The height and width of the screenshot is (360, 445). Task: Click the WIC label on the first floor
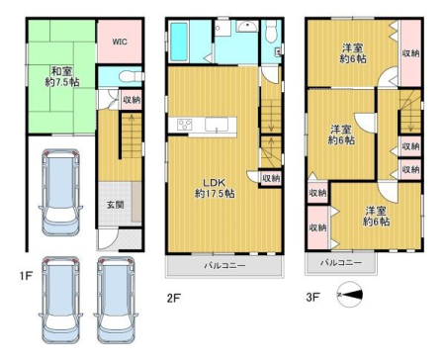click(120, 42)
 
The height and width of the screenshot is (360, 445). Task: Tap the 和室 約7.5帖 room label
click(62, 76)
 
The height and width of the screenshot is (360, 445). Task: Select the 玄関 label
click(115, 205)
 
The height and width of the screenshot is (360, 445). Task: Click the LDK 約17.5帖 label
click(215, 188)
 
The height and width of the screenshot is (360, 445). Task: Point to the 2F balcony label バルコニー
click(224, 266)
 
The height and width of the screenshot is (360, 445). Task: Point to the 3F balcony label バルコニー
click(341, 263)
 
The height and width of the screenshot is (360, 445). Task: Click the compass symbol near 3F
click(350, 295)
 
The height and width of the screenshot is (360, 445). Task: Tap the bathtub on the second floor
click(179, 42)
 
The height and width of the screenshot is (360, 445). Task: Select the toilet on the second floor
click(271, 32)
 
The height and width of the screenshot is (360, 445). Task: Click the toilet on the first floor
click(132, 77)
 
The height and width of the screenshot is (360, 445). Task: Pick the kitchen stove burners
click(185, 125)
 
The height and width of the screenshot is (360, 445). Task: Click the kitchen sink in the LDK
click(217, 125)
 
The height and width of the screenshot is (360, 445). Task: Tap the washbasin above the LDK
click(247, 26)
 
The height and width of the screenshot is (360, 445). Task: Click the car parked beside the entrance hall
click(60, 192)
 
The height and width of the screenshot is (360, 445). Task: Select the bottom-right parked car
click(116, 300)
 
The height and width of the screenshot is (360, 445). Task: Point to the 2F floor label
click(173, 298)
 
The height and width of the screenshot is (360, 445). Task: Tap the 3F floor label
click(312, 297)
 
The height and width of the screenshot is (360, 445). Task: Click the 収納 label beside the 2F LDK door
click(271, 178)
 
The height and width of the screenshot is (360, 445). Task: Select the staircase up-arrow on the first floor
click(132, 120)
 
